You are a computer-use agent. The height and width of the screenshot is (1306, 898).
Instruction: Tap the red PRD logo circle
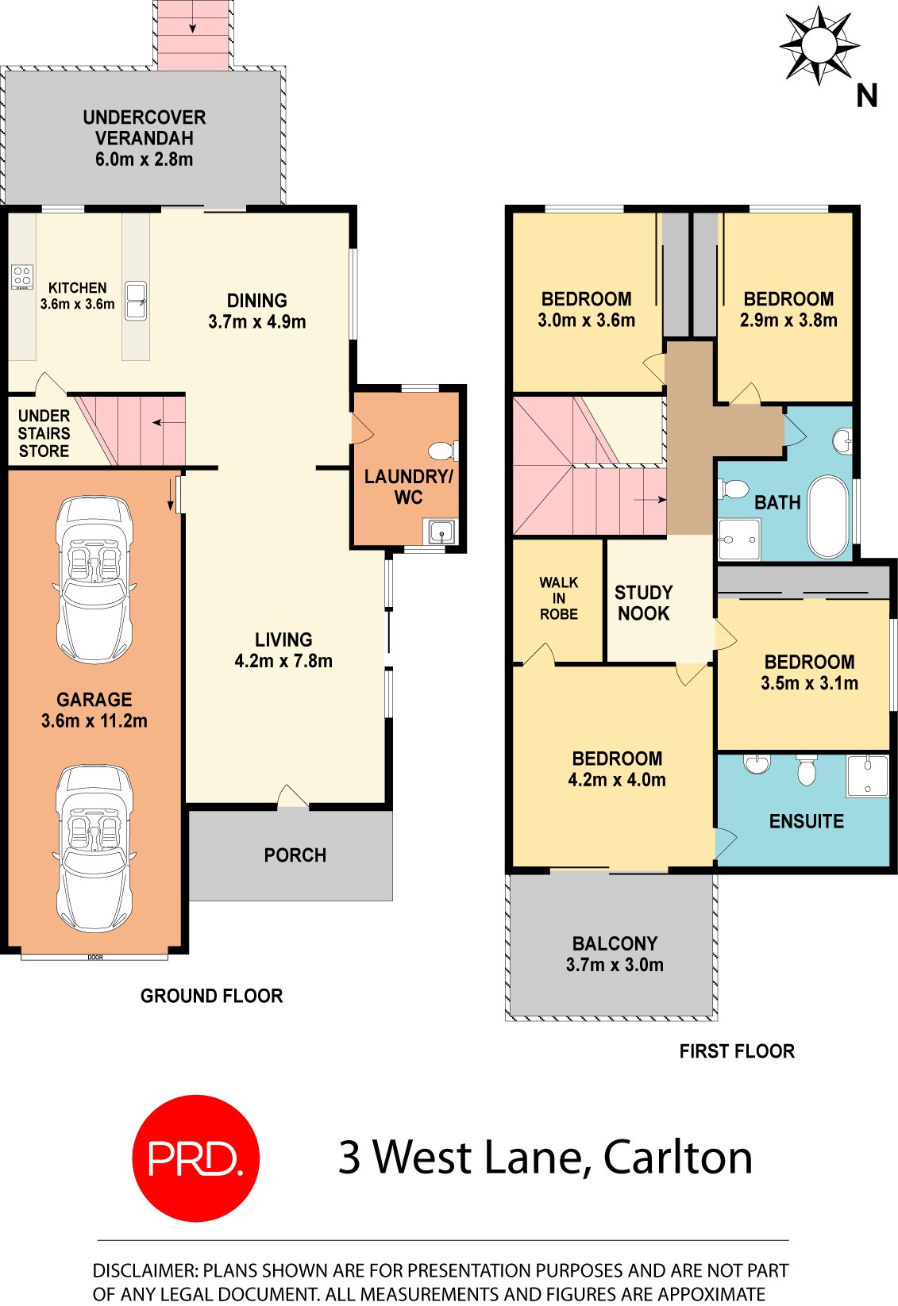click(195, 1158)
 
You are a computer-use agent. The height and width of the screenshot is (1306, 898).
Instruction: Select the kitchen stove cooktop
click(22, 277)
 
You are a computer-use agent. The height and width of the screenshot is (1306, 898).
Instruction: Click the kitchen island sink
click(136, 301)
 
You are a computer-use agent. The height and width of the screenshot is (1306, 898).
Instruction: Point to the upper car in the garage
click(94, 579)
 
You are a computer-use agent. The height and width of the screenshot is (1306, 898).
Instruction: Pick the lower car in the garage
click(94, 847)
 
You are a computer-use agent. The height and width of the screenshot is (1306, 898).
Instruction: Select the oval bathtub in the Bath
click(827, 517)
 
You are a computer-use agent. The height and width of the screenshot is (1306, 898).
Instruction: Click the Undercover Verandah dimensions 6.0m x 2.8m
click(144, 159)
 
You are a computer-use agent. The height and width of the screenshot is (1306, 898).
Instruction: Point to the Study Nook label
click(643, 603)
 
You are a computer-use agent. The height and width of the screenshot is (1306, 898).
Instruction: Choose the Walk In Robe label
click(558, 598)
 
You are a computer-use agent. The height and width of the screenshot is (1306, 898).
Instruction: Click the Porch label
click(295, 855)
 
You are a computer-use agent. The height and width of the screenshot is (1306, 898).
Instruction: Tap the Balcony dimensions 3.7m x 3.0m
click(615, 965)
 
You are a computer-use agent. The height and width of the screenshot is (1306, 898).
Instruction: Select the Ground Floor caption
click(211, 996)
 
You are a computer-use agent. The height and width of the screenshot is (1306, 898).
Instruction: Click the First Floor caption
click(736, 1051)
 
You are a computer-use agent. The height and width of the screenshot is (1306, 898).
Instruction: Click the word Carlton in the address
click(677, 1158)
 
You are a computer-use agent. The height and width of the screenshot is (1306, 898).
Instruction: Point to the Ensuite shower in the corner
click(866, 776)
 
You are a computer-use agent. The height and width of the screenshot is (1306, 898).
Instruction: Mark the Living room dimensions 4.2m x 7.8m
click(283, 661)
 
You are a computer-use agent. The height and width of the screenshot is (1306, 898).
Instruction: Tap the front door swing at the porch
click(292, 797)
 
